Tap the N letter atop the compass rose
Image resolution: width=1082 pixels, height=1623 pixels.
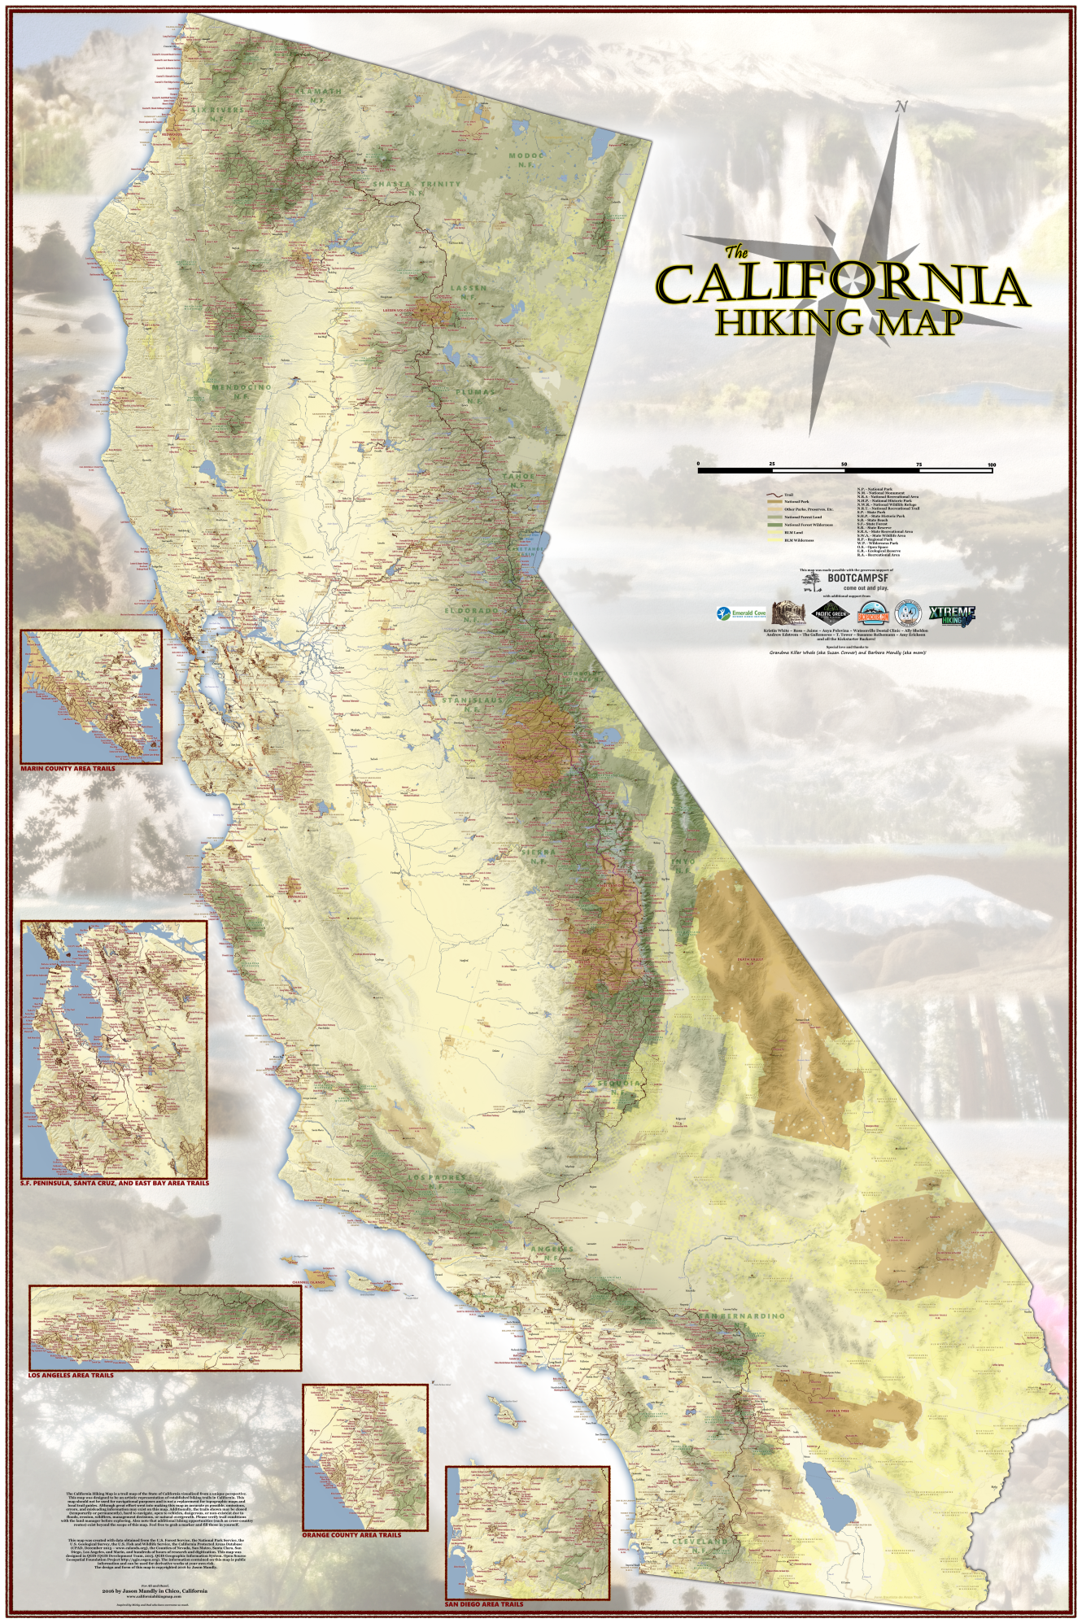901,107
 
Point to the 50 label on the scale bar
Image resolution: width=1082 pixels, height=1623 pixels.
844,464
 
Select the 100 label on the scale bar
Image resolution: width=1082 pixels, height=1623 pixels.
991,464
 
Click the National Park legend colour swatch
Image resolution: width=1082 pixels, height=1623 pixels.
773,502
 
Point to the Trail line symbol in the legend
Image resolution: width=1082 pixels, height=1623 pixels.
773,495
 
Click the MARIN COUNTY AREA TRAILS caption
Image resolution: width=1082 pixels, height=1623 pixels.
68,768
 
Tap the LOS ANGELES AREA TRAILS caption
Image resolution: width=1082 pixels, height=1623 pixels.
72,1375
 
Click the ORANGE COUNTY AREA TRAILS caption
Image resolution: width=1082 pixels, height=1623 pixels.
351,1535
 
